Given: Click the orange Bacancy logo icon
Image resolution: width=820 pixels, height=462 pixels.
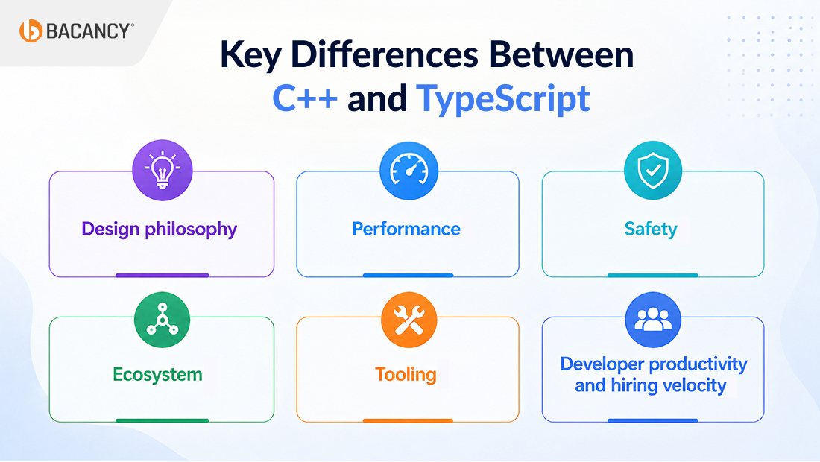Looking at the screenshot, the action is click(x=31, y=31).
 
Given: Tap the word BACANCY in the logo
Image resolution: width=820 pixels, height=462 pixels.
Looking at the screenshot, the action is click(x=88, y=31).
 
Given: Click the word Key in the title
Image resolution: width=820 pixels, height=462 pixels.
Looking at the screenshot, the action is click(x=250, y=55).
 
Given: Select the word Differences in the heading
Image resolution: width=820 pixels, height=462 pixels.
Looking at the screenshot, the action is click(x=385, y=54).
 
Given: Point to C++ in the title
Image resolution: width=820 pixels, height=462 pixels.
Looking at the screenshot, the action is click(x=305, y=98).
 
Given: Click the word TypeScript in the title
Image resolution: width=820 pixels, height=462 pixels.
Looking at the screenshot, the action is click(x=503, y=99).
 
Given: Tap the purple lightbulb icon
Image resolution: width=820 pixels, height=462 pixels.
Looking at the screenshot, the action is click(x=163, y=170).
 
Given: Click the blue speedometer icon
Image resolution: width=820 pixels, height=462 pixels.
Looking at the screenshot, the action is click(x=409, y=171).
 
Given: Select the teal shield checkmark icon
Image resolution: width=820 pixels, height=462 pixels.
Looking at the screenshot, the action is click(x=653, y=170).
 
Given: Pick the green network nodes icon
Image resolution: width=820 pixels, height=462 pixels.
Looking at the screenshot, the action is click(x=162, y=320).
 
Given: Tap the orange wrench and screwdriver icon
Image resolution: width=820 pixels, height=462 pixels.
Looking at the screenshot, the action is click(x=409, y=320).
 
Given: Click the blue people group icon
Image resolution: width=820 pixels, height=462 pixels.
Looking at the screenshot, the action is click(x=653, y=320).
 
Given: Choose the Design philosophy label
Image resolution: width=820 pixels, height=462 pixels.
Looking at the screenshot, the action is click(x=160, y=230).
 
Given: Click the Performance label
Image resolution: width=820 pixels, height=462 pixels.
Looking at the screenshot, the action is click(x=406, y=229).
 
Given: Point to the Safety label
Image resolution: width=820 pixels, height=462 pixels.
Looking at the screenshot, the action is click(x=651, y=229).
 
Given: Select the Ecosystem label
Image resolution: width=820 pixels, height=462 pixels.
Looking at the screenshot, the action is click(x=157, y=375).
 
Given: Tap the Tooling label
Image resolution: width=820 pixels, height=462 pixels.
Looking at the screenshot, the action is click(x=406, y=375).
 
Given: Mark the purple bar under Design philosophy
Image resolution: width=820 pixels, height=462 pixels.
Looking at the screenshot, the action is click(x=162, y=275).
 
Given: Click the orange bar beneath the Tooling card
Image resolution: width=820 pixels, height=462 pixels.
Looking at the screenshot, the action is click(x=408, y=421).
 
